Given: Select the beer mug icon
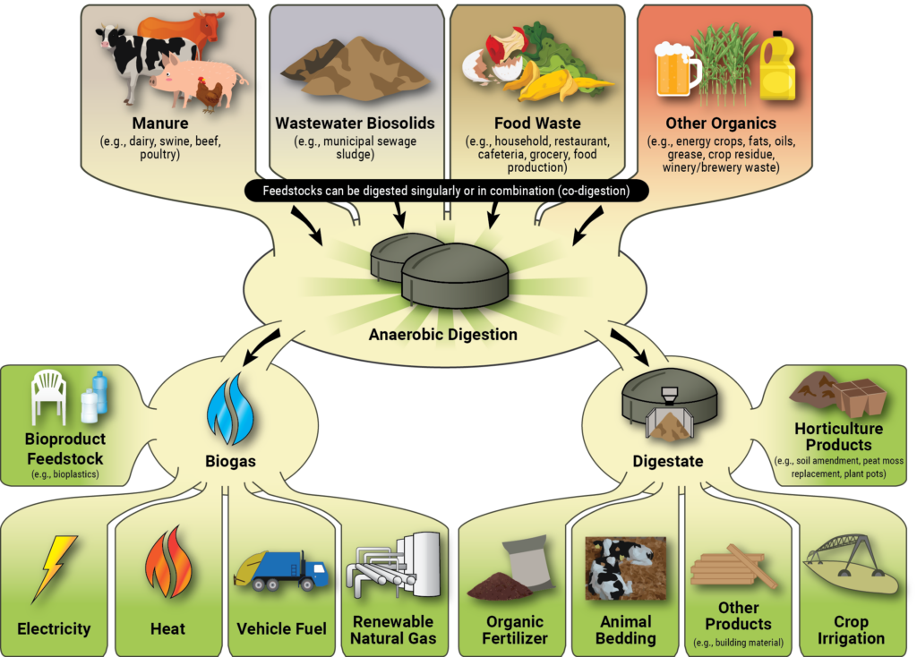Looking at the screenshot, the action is [676, 69].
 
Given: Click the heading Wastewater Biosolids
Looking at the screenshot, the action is [355, 124].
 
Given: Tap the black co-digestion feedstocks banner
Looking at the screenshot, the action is [446, 191].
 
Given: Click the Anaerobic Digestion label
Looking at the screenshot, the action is [442, 335].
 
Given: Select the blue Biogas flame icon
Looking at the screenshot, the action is [230, 410].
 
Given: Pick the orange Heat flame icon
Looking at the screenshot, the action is [167, 562].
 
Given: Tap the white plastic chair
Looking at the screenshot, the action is [48, 397].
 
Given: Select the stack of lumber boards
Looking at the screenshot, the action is [733, 566].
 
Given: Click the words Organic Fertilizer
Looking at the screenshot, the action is [515, 629].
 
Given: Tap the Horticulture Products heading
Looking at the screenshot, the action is [838, 437].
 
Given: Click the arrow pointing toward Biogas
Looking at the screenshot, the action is [261, 347].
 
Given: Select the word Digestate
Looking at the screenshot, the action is [668, 461].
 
